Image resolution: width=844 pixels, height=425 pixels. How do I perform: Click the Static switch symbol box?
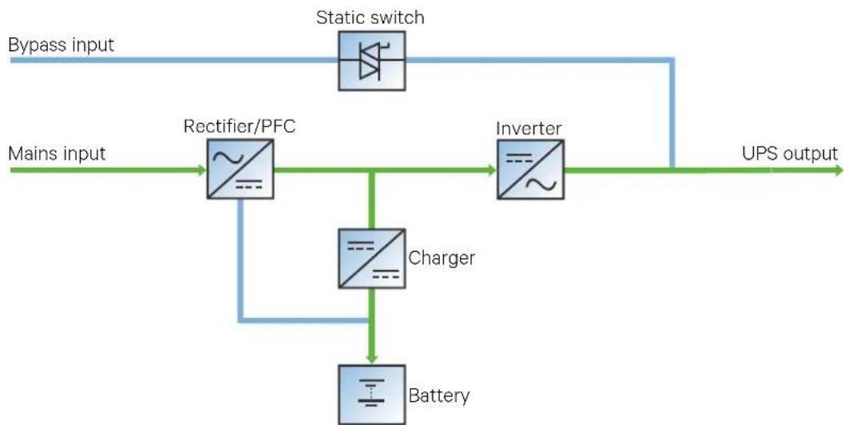[372, 61]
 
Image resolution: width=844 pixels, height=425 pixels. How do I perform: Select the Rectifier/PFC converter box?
[240, 169]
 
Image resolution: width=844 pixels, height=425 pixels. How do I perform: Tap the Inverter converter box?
[531, 169]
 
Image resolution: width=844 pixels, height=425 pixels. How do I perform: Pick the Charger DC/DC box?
[372, 259]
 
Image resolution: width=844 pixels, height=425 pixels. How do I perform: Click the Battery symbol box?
[372, 395]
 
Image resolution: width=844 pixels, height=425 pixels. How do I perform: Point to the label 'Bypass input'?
[61, 45]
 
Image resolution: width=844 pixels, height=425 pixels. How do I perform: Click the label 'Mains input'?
[57, 153]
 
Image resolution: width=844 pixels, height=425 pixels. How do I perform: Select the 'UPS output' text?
[790, 154]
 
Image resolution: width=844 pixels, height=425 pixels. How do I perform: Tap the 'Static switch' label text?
[370, 18]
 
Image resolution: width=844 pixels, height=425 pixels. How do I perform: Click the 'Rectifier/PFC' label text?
[240, 126]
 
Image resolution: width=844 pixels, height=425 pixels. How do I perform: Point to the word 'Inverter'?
[529, 128]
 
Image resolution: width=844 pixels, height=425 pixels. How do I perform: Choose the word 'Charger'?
[442, 258]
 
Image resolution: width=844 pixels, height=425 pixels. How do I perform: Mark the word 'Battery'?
[439, 396]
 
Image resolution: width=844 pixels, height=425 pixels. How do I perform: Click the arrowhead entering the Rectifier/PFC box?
[202, 170]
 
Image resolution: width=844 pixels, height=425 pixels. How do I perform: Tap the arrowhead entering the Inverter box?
[492, 170]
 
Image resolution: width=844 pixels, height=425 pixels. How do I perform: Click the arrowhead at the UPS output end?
[838, 170]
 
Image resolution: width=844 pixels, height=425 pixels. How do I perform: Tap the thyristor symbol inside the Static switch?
[372, 61]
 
